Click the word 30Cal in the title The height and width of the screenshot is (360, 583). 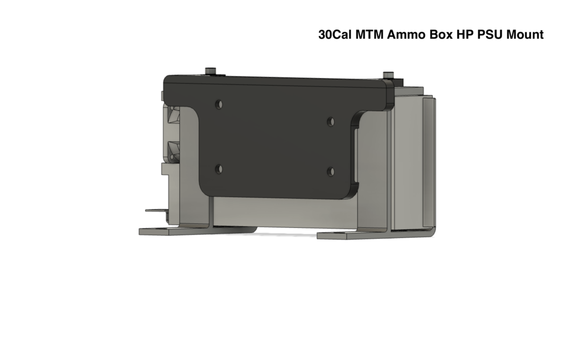click(335, 35)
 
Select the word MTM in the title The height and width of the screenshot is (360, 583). click(369, 35)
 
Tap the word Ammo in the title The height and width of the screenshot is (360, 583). click(405, 35)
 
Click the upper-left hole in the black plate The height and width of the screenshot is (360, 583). click(219, 104)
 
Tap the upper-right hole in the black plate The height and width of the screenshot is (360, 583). click(331, 121)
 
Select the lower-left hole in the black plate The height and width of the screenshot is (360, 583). click(219, 169)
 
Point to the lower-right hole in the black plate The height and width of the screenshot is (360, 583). click(331, 171)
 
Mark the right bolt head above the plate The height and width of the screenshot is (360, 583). click(388, 75)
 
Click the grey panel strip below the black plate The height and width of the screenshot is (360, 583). click(285, 214)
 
